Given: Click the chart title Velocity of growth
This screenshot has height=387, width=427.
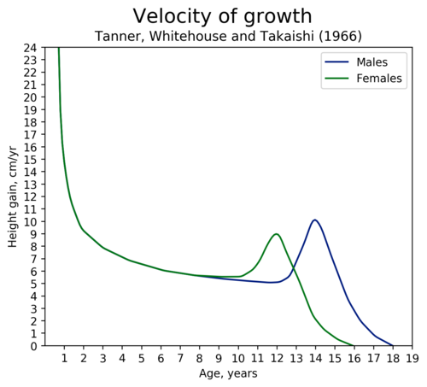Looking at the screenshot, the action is pyautogui.click(x=222, y=16).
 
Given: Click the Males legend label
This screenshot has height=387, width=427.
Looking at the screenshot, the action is pyautogui.click(x=371, y=62).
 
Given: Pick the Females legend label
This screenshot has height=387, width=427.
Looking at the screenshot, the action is pyautogui.click(x=379, y=78).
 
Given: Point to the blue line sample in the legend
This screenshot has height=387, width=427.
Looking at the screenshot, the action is pyautogui.click(x=336, y=62).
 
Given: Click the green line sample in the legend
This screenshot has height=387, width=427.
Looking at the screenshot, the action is pyautogui.click(x=336, y=78).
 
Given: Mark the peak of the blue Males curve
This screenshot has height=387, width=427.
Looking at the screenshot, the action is pyautogui.click(x=315, y=220).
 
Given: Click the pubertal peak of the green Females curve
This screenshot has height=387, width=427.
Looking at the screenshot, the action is pyautogui.click(x=276, y=234).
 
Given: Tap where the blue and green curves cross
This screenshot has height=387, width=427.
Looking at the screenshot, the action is pyautogui.click(x=293, y=267).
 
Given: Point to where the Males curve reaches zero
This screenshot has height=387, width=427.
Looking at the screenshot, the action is pyautogui.click(x=393, y=345).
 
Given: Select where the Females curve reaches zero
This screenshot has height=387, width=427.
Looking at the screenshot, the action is pyautogui.click(x=354, y=345).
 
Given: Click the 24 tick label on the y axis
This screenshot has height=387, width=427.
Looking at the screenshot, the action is pyautogui.click(x=30, y=48).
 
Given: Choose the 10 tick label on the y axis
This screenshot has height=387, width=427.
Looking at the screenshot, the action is pyautogui.click(x=30, y=221).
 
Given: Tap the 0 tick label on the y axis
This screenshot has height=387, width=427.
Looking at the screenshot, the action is pyautogui.click(x=34, y=346).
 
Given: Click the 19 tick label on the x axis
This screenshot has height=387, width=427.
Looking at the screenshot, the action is pyautogui.click(x=412, y=358).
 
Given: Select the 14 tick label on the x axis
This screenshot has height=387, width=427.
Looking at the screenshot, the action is pyautogui.click(x=315, y=358).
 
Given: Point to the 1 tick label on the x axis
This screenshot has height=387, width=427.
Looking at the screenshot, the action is pyautogui.click(x=64, y=358).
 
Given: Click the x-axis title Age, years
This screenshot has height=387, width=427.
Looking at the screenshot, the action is pyautogui.click(x=228, y=373).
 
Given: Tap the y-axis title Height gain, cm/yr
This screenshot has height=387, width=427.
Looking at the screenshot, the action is pyautogui.click(x=13, y=196).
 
